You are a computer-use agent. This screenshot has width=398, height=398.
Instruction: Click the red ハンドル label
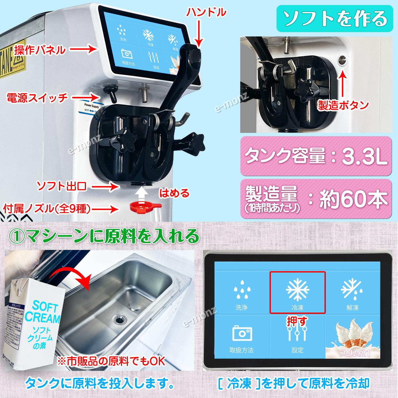(x=206, y=12)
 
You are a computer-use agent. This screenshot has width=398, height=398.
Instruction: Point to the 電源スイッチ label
(x=37, y=98)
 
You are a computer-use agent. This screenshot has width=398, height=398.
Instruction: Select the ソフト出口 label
(x=62, y=186)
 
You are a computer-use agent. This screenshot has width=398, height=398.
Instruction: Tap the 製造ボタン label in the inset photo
(x=343, y=105)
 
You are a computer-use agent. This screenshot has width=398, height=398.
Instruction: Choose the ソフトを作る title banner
(x=335, y=19)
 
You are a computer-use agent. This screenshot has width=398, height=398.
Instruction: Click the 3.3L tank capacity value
(x=365, y=156)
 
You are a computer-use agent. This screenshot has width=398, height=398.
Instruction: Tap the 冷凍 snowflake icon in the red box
(x=297, y=290)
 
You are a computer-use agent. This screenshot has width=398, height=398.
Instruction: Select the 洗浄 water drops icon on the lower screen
(x=242, y=290)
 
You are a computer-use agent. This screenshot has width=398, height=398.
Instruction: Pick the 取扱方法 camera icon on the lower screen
(x=242, y=333)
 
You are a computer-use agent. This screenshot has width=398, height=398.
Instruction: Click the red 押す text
(x=297, y=321)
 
